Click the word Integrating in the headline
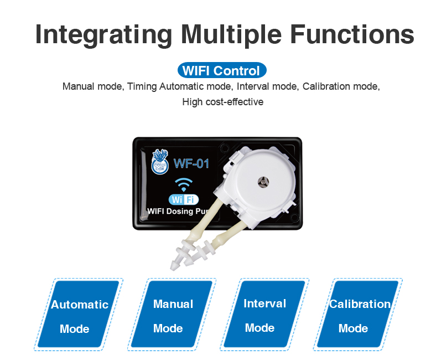(x=103, y=34)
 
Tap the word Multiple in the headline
(x=231, y=34)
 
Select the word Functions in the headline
(x=352, y=34)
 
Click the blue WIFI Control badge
(x=222, y=70)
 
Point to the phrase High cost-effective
(x=223, y=102)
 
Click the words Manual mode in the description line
(x=92, y=86)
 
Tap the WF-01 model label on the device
(x=191, y=163)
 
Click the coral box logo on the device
(x=160, y=162)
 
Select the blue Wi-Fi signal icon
(x=184, y=184)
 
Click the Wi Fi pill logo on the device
(x=184, y=199)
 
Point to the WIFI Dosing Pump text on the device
(x=178, y=212)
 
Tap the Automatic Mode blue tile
(x=79, y=314)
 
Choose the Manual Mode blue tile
(x=172, y=314)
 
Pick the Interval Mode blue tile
(x=264, y=314)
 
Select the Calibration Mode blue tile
(x=358, y=314)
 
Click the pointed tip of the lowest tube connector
(x=173, y=268)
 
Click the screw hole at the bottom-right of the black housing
(x=294, y=217)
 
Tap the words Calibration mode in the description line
(x=341, y=86)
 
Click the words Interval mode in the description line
(x=267, y=86)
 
